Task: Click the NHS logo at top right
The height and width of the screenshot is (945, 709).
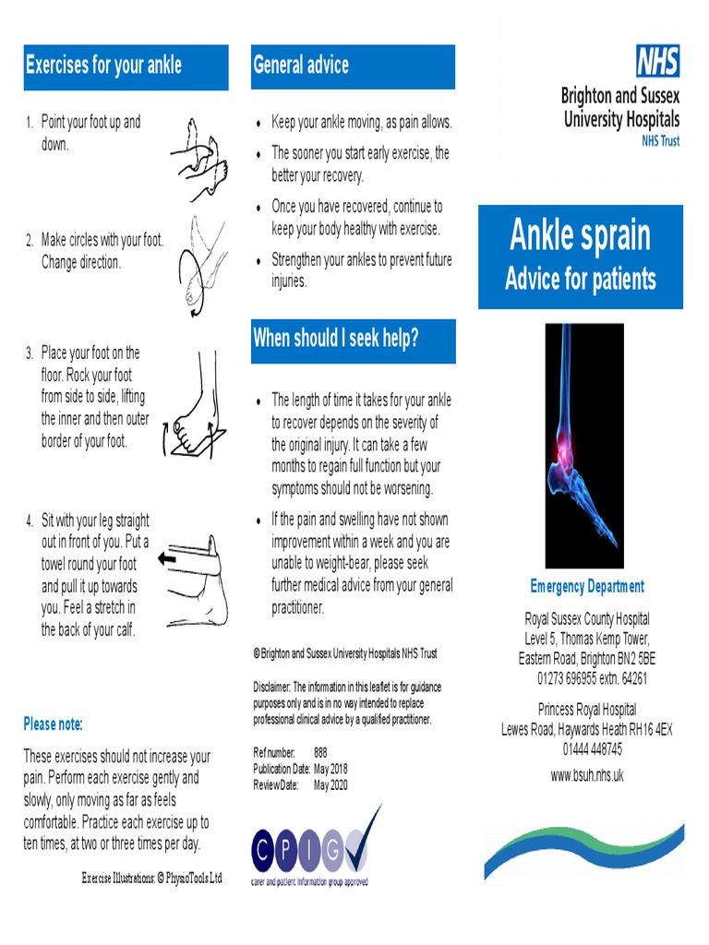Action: click(x=657, y=62)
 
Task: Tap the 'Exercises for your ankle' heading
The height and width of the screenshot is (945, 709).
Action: click(x=103, y=66)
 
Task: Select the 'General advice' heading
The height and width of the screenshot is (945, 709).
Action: click(x=301, y=66)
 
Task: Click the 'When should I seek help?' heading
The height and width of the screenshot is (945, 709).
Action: click(x=336, y=339)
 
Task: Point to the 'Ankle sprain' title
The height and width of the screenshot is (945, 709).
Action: click(x=580, y=236)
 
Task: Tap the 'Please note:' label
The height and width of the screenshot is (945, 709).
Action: click(x=54, y=724)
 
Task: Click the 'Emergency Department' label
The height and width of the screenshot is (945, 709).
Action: click(x=587, y=586)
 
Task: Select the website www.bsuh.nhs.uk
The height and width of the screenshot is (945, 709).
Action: click(x=587, y=775)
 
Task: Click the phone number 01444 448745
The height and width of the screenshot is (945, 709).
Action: click(x=587, y=748)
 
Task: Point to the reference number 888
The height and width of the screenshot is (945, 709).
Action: click(x=320, y=752)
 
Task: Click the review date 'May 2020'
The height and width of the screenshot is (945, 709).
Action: click(x=330, y=784)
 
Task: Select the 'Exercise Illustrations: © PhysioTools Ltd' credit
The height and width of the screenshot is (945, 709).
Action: click(x=152, y=877)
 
